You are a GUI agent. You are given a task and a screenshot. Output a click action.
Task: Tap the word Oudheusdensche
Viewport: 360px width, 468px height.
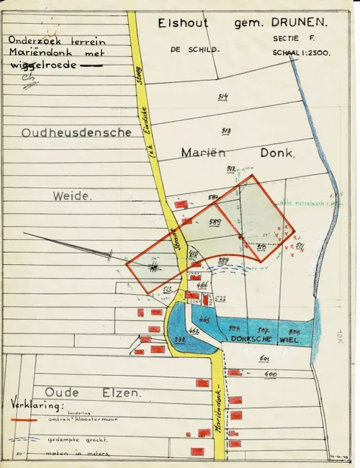[76, 132]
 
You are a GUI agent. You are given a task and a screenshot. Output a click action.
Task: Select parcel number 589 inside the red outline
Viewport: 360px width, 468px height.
[214, 222]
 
